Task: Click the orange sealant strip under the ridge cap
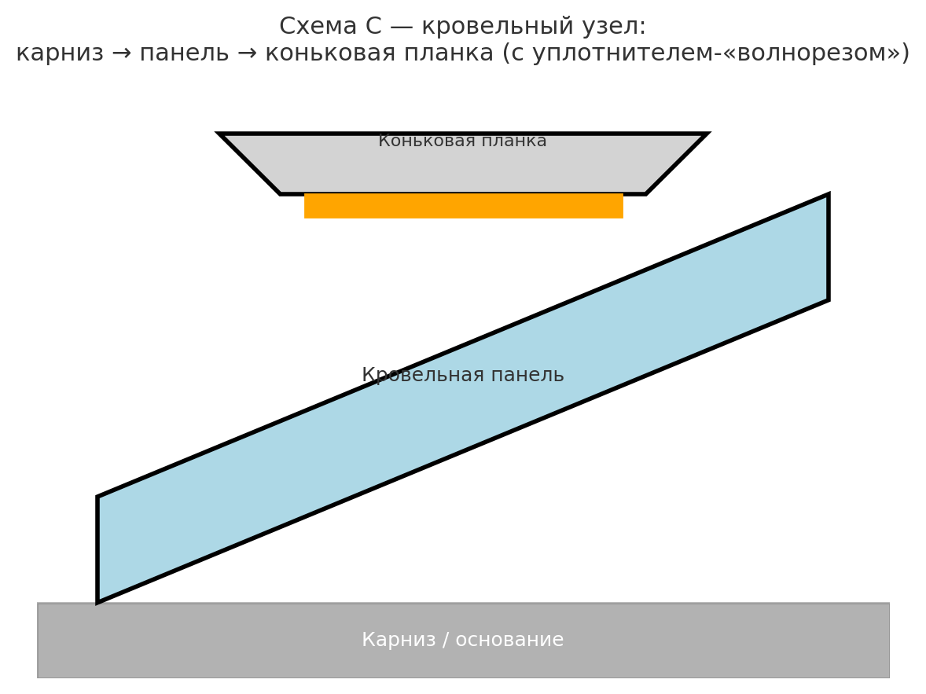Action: pos(463,206)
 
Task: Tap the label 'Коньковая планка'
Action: pos(462,141)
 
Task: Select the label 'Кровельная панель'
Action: pos(462,376)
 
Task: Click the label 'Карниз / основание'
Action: pos(462,641)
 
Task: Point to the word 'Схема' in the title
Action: pos(314,27)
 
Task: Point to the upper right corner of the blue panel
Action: pos(828,195)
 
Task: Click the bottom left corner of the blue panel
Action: pos(98,602)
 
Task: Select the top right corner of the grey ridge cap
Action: pos(705,134)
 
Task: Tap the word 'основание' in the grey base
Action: pos(519,641)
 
